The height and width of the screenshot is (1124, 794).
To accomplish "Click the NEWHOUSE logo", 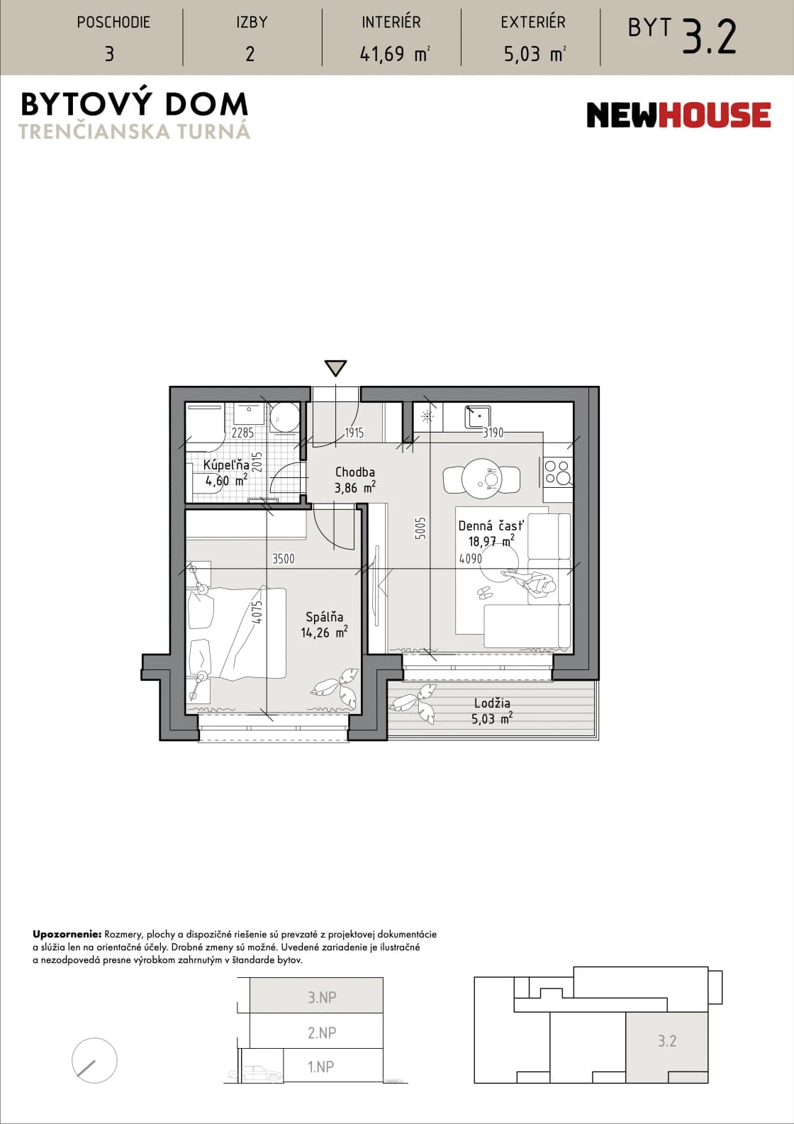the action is coord(678,115).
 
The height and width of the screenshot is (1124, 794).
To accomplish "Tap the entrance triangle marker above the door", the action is coord(335,368).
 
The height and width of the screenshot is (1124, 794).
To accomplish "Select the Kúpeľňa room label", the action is coord(226,465).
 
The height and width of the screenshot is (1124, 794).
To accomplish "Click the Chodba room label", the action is coord(354,472).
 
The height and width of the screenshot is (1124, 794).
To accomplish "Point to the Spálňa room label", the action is coord(325,617).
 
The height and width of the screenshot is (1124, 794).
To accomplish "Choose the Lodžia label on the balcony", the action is coord(492,703).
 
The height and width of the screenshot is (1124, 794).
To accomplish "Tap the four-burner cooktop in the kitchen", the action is coord(558,472).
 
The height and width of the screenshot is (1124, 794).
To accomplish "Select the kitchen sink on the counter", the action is coord(478,416).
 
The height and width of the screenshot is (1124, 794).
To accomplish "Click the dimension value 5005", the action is coord(420,528).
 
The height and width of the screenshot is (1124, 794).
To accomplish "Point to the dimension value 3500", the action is coord(283,559).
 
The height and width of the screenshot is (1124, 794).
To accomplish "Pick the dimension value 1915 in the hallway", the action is coord(354,433).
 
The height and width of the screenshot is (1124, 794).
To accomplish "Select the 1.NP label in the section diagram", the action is coord(321,1067).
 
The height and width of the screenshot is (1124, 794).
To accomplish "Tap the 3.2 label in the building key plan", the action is coord(667,1041).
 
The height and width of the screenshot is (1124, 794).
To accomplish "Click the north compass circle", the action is coord(94,1060).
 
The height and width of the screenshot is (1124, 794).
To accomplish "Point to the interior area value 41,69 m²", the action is coord(395,54).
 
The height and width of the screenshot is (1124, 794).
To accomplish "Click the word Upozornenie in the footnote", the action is coord(67,935).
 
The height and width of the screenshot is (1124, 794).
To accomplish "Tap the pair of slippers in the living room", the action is coord(485,593).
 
